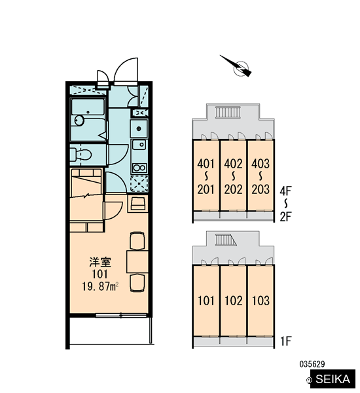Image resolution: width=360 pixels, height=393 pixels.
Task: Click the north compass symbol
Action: pos(238,66)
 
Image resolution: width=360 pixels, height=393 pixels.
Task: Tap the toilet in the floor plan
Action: pos(81,155)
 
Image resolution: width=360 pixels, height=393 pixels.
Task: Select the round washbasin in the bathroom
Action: pos(79,121)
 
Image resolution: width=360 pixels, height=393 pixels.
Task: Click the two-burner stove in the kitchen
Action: pos(139,168)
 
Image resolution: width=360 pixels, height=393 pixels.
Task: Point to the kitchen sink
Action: pos(139,144)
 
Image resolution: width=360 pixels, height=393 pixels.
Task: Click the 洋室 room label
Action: pos(100,262)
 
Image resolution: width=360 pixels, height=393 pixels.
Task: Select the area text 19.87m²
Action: pos(100,286)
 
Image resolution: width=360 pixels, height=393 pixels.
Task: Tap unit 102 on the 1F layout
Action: pos(233,301)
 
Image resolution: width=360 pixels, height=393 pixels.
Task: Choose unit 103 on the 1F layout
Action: pos(261,301)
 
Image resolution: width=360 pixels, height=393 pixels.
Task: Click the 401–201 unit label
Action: pos(206,176)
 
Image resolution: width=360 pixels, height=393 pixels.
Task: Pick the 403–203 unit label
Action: pos(261,176)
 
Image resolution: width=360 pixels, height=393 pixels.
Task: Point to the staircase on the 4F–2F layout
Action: pos(228,112)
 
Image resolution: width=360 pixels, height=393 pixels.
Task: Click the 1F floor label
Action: pos(285,341)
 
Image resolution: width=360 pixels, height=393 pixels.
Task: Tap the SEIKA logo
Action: pos(333,379)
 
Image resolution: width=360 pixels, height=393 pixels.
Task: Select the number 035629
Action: pos(312,364)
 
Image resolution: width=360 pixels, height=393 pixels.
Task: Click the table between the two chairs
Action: pos(137,261)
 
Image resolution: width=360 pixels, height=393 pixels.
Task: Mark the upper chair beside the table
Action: pos(137,241)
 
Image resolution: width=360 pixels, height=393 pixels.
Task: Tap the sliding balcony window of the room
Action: pos(121,315)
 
